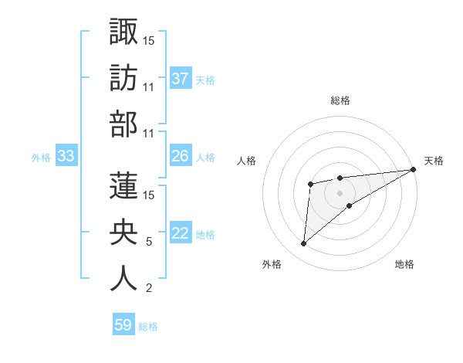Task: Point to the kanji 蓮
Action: tap(123, 185)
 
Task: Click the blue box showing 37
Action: tap(181, 78)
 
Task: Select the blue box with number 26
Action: tap(181, 156)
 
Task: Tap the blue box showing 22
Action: tap(181, 234)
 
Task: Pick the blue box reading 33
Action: tap(66, 157)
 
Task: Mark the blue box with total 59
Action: tap(123, 325)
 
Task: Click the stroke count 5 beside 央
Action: tap(148, 242)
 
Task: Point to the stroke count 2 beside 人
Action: tap(148, 289)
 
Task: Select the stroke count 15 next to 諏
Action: tap(149, 40)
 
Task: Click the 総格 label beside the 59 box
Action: tap(148, 327)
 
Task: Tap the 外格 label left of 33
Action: tap(41, 158)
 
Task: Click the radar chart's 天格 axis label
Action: tap(434, 161)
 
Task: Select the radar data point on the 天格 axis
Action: tap(414, 169)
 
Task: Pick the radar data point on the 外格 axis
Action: tap(303, 244)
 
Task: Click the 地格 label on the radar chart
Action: tap(404, 264)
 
